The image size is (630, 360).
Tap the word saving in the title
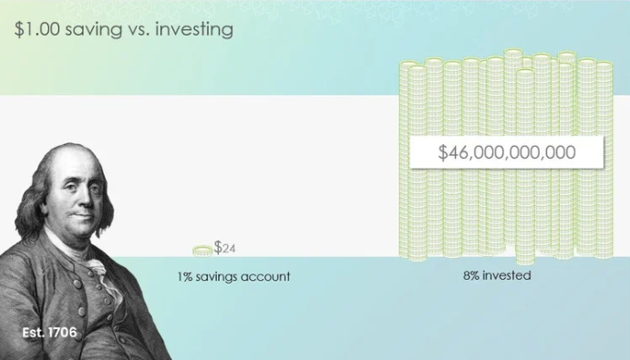tap(93, 30)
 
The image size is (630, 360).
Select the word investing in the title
tap(194, 30)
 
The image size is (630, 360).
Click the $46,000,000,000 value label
tap(507, 152)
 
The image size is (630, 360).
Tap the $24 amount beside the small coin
tap(224, 248)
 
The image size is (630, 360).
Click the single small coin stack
tap(202, 252)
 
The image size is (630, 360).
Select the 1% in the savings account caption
tap(185, 276)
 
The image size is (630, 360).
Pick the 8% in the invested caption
tap(470, 275)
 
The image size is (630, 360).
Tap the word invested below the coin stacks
tap(507, 275)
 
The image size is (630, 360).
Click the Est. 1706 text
tap(49, 333)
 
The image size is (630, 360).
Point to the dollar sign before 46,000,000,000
tap(442, 152)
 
